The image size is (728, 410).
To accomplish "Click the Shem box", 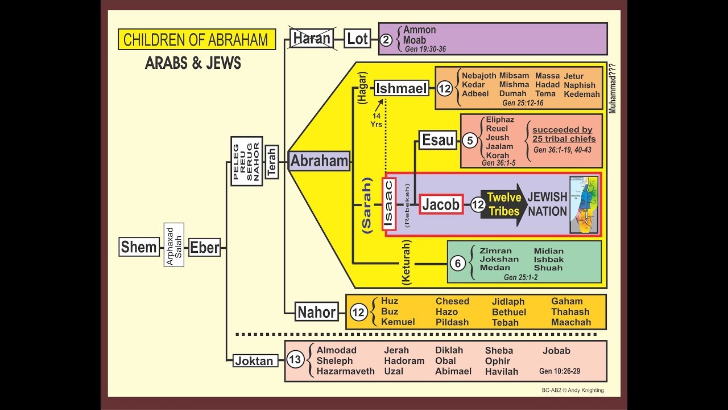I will [x=139, y=247].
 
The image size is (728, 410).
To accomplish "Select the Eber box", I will [x=205, y=247].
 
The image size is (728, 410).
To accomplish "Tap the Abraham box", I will [x=319, y=161].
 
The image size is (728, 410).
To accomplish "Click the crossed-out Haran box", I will [x=312, y=39].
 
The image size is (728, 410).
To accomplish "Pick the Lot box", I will [x=358, y=39].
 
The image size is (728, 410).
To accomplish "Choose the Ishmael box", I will [x=402, y=88].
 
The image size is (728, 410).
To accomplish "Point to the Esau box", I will [x=437, y=140].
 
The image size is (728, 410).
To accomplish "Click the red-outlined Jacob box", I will [x=441, y=204].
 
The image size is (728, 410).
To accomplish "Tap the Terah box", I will [x=272, y=161].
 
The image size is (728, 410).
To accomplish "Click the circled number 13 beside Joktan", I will [x=295, y=360].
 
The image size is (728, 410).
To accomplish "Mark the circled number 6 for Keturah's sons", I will [x=458, y=263].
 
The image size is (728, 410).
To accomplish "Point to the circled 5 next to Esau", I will [x=469, y=140].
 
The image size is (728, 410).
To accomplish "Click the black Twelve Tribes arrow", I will [x=503, y=204].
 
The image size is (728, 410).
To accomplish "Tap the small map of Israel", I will [x=584, y=205].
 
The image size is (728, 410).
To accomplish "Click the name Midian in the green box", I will [x=548, y=251].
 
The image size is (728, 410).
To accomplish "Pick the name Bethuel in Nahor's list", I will [x=509, y=312].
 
